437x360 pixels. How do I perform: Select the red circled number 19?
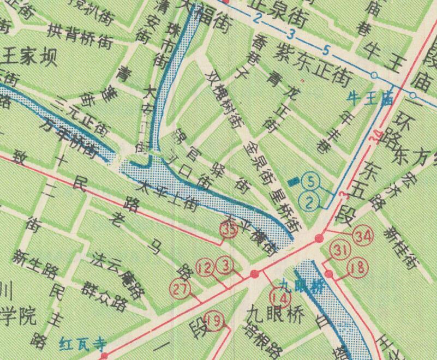[217, 322]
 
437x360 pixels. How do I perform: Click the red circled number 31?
[341, 250]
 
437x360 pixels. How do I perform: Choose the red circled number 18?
[358, 267]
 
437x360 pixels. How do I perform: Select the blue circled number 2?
[309, 203]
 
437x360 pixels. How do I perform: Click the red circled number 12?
[206, 268]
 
